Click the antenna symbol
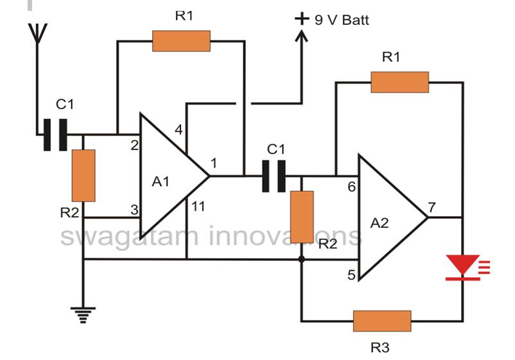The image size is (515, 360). pyautogui.click(x=37, y=33)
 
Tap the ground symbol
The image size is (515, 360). pyautogui.click(x=83, y=315)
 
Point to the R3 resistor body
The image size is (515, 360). pyautogui.click(x=382, y=321)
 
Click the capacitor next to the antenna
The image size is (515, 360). pyautogui.click(x=55, y=135)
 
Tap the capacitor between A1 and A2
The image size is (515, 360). pyautogui.click(x=274, y=176)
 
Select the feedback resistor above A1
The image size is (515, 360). pyautogui.click(x=181, y=41)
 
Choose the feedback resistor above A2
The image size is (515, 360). pyautogui.click(x=399, y=82)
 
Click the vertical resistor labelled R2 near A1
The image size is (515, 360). pyautogui.click(x=83, y=176)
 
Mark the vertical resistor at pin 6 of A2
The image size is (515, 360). pyautogui.click(x=302, y=217)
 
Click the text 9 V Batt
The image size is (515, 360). pyautogui.click(x=342, y=20)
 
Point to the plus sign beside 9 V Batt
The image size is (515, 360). pyautogui.click(x=302, y=19)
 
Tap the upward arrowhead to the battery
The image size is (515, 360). pyautogui.click(x=302, y=35)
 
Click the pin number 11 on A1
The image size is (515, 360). pyautogui.click(x=198, y=207)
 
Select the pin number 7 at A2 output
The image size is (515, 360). pyautogui.click(x=432, y=207)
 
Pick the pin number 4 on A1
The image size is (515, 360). pyautogui.click(x=179, y=130)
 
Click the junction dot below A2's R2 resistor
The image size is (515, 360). pyautogui.click(x=302, y=259)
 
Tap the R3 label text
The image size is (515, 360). pyautogui.click(x=380, y=348)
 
